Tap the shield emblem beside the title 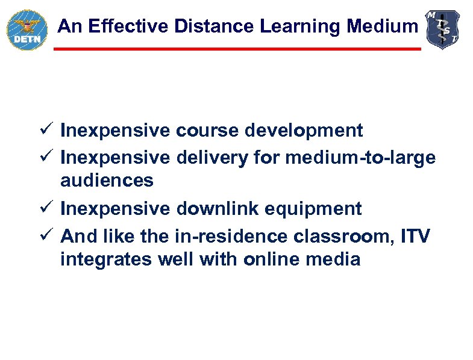pos(443,29)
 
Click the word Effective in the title pos(120,26)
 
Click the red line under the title pos(237,49)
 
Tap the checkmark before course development pos(50,129)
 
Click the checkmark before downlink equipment pos(50,209)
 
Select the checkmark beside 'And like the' pos(50,235)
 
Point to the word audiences pos(107,180)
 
